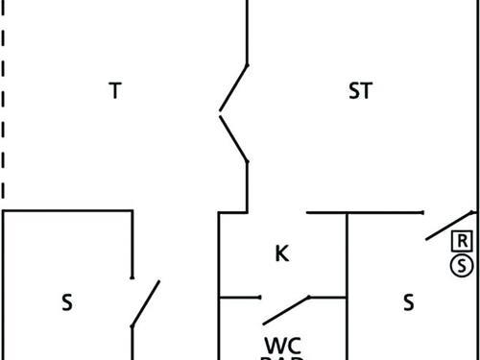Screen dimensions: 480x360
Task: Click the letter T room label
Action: click(115, 91)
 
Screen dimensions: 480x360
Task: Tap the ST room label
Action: click(360, 91)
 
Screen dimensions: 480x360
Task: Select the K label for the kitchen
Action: click(281, 253)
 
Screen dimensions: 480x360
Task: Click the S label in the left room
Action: click(67, 302)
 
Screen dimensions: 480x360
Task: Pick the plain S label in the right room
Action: click(408, 302)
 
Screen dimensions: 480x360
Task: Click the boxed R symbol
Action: click(463, 240)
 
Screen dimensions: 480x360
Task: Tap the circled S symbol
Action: click(463, 265)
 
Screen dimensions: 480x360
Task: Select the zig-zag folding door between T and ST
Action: click(234, 113)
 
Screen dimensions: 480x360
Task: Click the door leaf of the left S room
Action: click(145, 303)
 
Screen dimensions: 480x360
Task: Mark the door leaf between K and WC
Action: click(287, 309)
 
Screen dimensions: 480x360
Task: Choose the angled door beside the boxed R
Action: click(449, 225)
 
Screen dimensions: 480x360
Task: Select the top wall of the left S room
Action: click(67, 211)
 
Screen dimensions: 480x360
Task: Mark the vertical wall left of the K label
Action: click(220, 254)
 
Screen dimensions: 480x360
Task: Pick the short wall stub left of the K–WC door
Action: click(240, 298)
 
